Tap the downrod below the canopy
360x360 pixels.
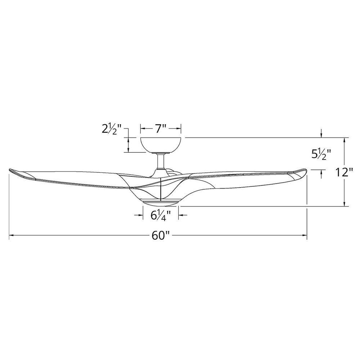[x=161, y=161]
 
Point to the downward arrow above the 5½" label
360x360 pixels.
[x=321, y=135]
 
